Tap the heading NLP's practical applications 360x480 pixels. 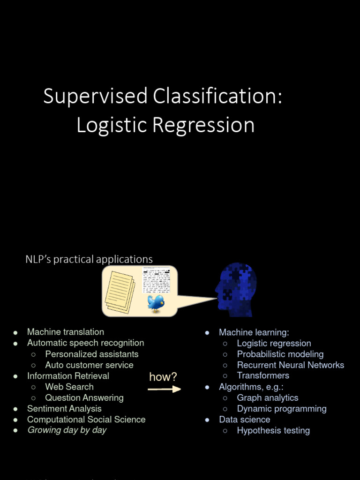pyautogui.click(x=89, y=259)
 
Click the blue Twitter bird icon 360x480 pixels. pyautogui.click(x=156, y=303)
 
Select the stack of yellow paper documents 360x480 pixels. pyautogui.click(x=120, y=292)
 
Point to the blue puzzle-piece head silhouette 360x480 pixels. pyautogui.click(x=237, y=289)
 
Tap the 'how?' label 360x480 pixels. pyautogui.click(x=163, y=377)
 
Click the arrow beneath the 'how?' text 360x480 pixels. pyautogui.click(x=164, y=389)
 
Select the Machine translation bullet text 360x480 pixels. pyautogui.click(x=66, y=332)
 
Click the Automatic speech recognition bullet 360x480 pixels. pyautogui.click(x=85, y=343)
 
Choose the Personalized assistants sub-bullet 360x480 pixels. pyautogui.click(x=92, y=354)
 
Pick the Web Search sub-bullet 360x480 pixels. pyautogui.click(x=69, y=387)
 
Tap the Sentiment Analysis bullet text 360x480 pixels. pyautogui.click(x=64, y=409)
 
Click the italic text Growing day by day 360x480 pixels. pyautogui.click(x=67, y=430)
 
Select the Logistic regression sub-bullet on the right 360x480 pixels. pyautogui.click(x=274, y=343)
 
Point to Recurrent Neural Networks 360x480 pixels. pyautogui.click(x=290, y=365)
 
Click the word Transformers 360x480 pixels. pyautogui.click(x=263, y=375)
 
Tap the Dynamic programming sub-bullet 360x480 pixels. pyautogui.click(x=281, y=409)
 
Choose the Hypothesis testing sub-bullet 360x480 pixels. pyautogui.click(x=273, y=430)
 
